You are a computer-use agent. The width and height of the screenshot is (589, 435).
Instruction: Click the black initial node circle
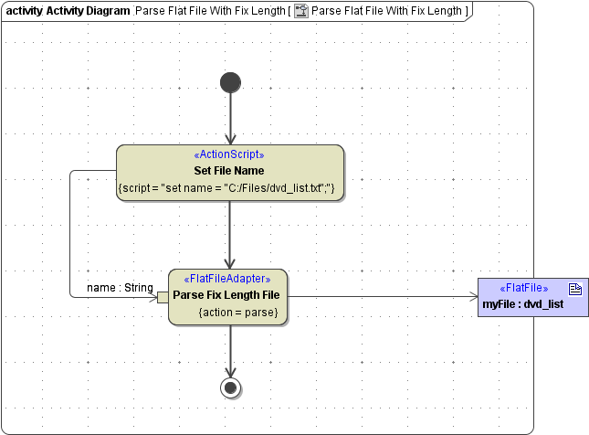click(230, 82)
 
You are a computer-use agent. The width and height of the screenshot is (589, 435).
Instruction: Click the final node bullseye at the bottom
click(230, 387)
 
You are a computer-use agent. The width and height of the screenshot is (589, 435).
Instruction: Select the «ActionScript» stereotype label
click(229, 155)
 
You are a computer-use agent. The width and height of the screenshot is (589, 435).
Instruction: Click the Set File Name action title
click(229, 171)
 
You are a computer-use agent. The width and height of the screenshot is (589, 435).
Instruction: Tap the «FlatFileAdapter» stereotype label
click(227, 280)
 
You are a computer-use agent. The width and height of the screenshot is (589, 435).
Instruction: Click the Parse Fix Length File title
click(226, 295)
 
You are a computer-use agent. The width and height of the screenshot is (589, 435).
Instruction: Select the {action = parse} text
click(237, 312)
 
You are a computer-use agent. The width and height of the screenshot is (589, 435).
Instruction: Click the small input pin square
click(163, 297)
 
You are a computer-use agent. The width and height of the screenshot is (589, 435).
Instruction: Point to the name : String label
click(120, 288)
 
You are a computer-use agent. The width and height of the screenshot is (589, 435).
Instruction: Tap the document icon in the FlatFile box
click(576, 288)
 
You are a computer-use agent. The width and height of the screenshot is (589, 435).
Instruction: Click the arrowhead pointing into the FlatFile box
click(471, 297)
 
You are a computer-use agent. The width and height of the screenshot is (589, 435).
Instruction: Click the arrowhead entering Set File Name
click(230, 138)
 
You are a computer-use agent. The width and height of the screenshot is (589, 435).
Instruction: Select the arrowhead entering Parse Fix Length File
click(230, 262)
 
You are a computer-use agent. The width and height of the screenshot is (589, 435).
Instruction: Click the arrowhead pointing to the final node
click(230, 370)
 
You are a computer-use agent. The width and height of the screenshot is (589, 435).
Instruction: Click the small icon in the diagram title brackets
click(300, 12)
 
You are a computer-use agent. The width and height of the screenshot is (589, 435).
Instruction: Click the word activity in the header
click(24, 12)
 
